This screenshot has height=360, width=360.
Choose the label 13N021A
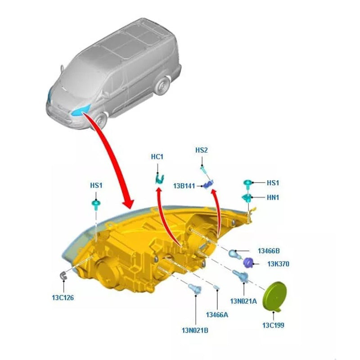(243, 301)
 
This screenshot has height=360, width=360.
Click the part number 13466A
(217, 315)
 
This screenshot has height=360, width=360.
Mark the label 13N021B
(195, 330)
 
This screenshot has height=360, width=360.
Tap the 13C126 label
(63, 297)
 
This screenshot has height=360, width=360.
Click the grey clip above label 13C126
(63, 275)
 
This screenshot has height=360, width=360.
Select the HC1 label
(157, 157)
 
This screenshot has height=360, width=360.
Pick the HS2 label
(201, 150)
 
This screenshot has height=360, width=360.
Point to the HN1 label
(273, 197)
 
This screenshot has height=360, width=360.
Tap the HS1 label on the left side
(96, 185)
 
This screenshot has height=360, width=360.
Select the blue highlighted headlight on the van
(84, 110)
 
